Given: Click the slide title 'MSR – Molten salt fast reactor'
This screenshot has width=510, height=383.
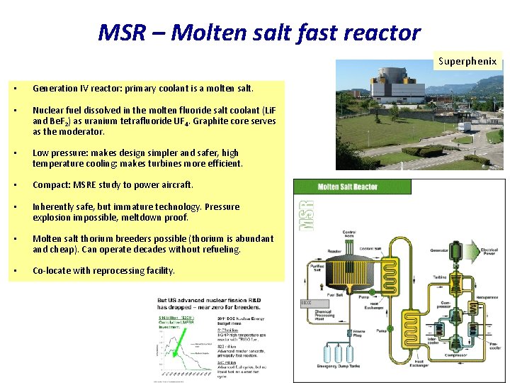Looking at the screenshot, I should pos(259,32).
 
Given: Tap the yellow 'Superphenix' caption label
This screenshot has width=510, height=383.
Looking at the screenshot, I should pos(467,61).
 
